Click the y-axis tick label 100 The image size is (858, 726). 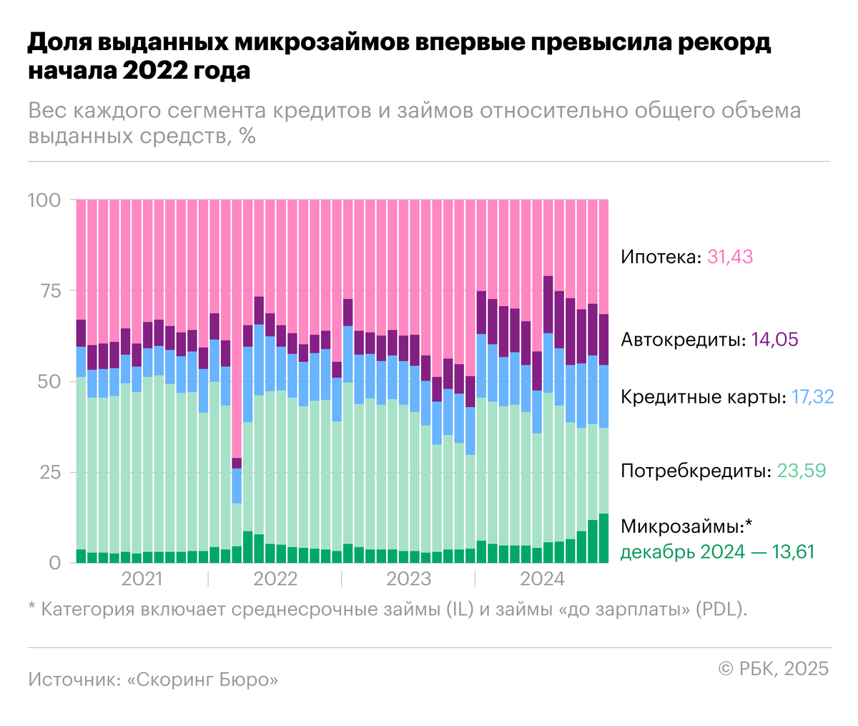pos(44,200)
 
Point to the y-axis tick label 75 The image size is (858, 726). pos(48,290)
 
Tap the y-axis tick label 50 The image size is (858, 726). pos(48,381)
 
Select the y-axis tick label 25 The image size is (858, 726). pos(48,472)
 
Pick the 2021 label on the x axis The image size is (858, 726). pos(142,579)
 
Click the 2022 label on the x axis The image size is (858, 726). pos(275,579)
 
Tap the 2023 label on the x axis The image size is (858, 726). pos(408,579)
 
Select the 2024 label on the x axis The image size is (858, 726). pos(542,579)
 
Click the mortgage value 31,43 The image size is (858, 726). pos(729,257)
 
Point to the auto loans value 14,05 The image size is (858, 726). pos(774,339)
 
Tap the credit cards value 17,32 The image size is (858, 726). pos(812,396)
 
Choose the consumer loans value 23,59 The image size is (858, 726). pos(801,471)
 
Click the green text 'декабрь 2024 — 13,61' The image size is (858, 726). pos(716,551)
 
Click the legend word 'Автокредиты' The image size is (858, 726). pos(681,339)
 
